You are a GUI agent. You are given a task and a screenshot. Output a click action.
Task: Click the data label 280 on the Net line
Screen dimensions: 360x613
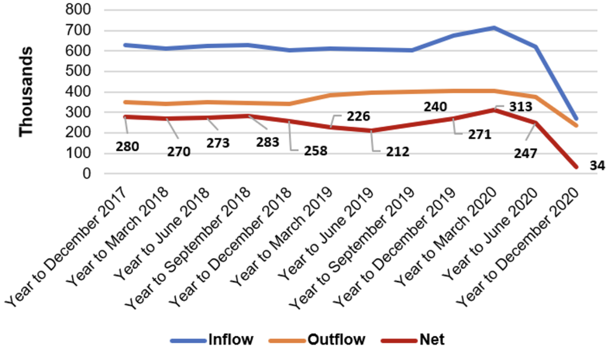click(127, 146)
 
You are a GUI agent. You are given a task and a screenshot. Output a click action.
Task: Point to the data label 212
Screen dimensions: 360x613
click(397, 152)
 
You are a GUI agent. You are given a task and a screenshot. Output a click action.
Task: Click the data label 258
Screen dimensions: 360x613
click(315, 150)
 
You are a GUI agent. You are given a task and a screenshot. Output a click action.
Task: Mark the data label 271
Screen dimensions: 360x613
click(480, 135)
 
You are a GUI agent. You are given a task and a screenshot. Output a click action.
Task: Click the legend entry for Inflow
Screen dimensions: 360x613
click(230, 340)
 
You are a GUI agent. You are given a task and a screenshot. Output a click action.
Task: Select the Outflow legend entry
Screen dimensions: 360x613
click(336, 340)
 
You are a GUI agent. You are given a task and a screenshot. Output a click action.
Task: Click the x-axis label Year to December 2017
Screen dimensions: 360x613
click(69, 246)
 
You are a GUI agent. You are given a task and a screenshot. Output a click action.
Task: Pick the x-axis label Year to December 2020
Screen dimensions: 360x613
click(520, 246)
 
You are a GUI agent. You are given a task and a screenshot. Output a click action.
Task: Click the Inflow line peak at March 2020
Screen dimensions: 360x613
click(494, 28)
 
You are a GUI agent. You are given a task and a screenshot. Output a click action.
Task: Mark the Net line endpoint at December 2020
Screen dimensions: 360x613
click(576, 167)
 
